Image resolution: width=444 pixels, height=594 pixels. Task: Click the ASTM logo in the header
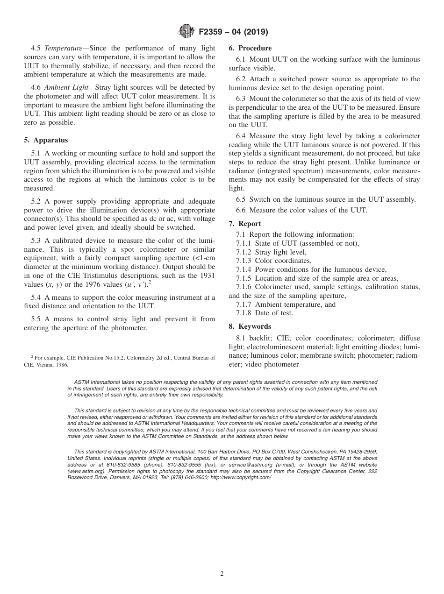tap(187, 32)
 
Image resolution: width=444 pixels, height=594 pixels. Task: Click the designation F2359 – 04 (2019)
tap(233, 32)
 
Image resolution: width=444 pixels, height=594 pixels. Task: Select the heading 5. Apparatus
tap(46, 140)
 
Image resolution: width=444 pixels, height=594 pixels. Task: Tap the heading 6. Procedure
tap(250, 48)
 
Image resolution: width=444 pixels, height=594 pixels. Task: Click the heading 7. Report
tap(245, 224)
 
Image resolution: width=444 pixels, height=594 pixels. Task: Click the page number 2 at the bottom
tap(222, 574)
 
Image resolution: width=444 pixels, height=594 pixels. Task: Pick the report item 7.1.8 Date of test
tap(265, 313)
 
